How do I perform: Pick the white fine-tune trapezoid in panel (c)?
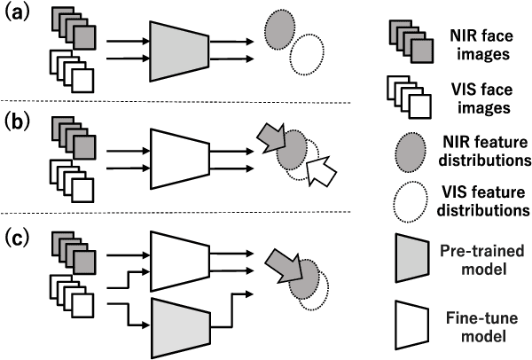(x=179, y=261)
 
